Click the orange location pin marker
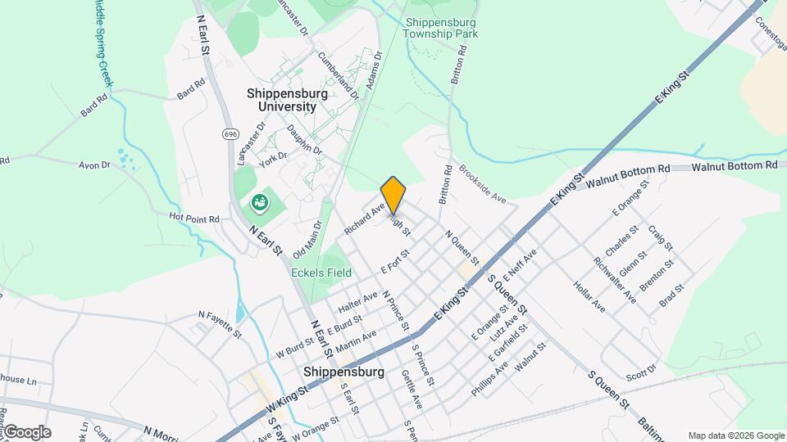[393, 195]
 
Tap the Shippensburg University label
[287, 100]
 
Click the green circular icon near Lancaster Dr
[260, 201]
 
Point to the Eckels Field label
[321, 273]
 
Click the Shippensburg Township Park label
[440, 28]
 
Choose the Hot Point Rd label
[194, 219]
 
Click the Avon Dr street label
[94, 165]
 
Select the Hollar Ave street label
[589, 296]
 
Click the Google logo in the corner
[27, 432]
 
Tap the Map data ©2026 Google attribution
[735, 435]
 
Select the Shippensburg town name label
[343, 372]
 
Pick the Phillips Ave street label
[489, 379]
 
